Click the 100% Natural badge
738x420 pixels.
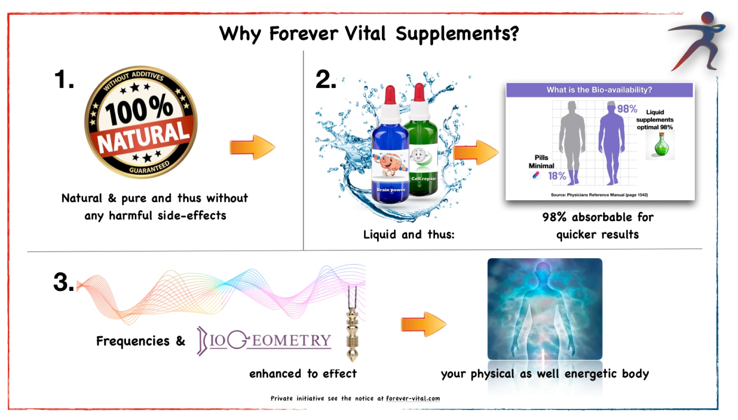(x=141, y=122)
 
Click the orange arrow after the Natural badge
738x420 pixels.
(x=252, y=147)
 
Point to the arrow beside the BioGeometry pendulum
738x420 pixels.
(x=424, y=324)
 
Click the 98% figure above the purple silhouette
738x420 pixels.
(x=627, y=109)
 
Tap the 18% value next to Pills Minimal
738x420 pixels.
(x=557, y=176)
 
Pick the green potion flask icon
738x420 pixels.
(x=661, y=145)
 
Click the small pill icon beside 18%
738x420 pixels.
(x=536, y=175)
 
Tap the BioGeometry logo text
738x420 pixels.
(x=264, y=340)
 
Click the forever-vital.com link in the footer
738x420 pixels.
(x=413, y=398)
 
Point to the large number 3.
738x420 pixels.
(x=63, y=282)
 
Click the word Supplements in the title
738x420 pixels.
(x=457, y=34)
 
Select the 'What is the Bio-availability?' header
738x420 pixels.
(x=599, y=90)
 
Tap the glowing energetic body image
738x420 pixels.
(x=545, y=309)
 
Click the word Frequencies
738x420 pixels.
(x=133, y=341)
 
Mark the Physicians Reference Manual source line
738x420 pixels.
(x=599, y=195)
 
